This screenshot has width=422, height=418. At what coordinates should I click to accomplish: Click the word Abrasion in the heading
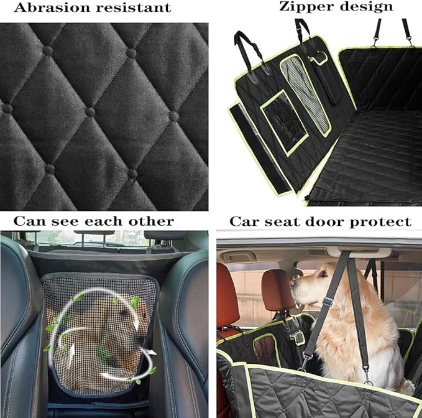coord(41,8)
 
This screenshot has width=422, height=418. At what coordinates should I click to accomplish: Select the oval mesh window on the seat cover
coord(305,93)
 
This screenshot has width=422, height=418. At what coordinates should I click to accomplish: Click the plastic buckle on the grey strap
coord(326,302)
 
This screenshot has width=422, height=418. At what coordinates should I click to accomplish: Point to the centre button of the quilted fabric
coord(91,112)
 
